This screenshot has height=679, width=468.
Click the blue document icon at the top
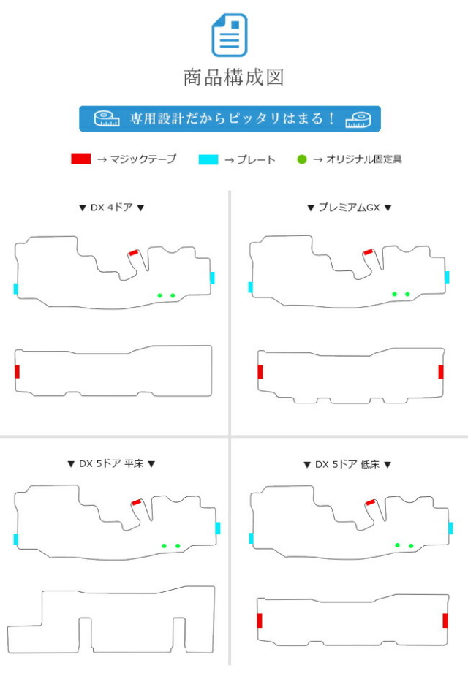pos(229,34)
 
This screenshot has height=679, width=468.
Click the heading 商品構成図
pos(233,77)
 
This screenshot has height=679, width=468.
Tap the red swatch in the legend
pos(81,159)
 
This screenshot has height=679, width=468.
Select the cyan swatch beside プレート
pos(208,159)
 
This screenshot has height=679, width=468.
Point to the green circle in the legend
pos(302,159)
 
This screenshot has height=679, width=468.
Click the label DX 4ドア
pos(111,208)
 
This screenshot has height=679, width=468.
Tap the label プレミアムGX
pos(350,208)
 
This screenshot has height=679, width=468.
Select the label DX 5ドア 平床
pos(111,464)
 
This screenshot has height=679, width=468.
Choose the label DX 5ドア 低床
pos(347,464)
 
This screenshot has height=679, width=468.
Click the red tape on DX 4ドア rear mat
pos(18,371)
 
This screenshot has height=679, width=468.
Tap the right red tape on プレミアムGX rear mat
pos(441,372)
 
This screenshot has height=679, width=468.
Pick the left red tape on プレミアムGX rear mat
pos(260,372)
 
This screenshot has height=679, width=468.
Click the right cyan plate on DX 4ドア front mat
pos(212,278)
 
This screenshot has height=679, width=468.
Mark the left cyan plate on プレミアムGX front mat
pos(251,287)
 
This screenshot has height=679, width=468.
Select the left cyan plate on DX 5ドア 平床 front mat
pos(16,539)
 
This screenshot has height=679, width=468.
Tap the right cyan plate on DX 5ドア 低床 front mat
pos(450,528)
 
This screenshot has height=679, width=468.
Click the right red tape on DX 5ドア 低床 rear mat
pos(445,621)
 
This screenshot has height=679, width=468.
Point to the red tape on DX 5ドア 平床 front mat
pos(137,502)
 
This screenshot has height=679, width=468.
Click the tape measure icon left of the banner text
pos(107,118)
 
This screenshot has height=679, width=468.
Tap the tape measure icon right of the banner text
pos(358,120)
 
